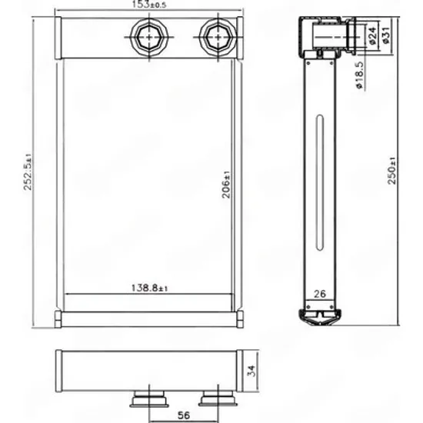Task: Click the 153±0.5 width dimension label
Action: click(x=149, y=5)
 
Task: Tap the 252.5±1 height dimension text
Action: click(x=28, y=172)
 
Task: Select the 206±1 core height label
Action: click(x=226, y=185)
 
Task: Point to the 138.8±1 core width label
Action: click(x=149, y=288)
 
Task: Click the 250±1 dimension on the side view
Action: click(x=392, y=171)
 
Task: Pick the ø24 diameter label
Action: click(x=371, y=35)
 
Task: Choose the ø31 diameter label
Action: click(x=386, y=35)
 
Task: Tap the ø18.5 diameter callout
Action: click(x=359, y=75)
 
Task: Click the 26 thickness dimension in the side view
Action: click(x=320, y=294)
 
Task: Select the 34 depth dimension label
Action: click(x=251, y=371)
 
